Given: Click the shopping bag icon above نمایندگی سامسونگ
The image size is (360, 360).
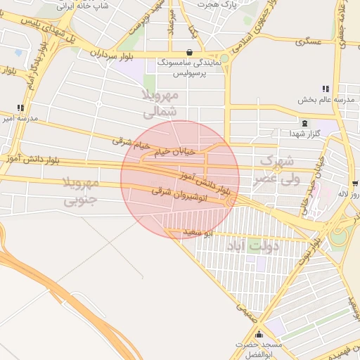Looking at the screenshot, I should (190, 52).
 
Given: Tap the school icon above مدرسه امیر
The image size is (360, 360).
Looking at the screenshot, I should (20, 108).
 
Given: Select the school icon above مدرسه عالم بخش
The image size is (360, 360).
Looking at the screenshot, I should (325, 89).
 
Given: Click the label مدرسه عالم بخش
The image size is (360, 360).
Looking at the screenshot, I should (324, 100).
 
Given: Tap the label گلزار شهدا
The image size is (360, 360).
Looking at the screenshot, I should (305, 133).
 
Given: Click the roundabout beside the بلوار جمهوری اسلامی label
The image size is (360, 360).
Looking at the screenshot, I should (224, 58).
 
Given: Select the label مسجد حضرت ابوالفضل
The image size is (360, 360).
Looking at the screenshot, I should (261, 349).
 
